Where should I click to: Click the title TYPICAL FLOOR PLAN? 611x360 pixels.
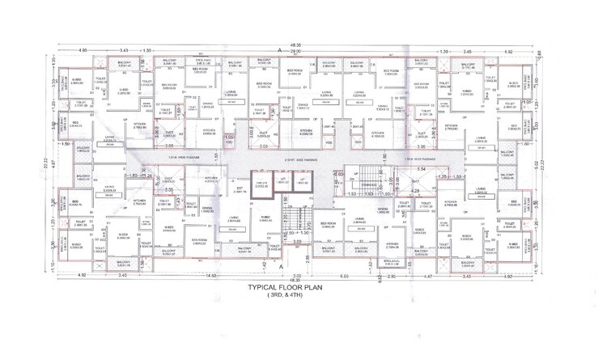[305, 287]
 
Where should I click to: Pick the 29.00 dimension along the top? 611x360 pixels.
[296, 51]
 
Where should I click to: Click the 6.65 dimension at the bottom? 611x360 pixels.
[344, 277]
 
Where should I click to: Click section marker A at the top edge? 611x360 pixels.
[280, 50]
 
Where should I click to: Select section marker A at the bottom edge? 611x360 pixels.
[281, 266]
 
